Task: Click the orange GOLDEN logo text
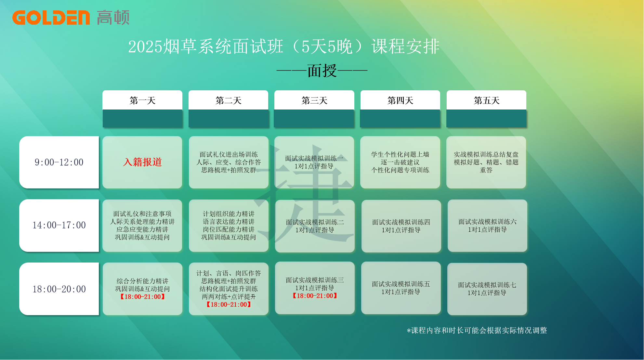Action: coord(51,18)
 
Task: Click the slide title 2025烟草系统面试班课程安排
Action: coord(284,46)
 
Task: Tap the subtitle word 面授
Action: coord(322,71)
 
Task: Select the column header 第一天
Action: coord(142,100)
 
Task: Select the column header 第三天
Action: coord(314,100)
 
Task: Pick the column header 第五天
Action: coord(486,100)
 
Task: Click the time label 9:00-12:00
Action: coord(59,162)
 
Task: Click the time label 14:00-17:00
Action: coord(59,225)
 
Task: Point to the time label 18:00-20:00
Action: coord(59,289)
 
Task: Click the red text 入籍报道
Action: coord(142,162)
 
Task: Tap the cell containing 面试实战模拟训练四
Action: coord(401,226)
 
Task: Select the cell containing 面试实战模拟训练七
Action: coord(487,289)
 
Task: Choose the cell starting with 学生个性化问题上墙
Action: coord(400,162)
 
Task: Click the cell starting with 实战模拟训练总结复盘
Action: coord(486,162)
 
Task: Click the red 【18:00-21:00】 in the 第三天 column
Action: coord(315,296)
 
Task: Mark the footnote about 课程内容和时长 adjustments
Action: coord(477,330)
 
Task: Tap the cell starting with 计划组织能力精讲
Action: coord(229,225)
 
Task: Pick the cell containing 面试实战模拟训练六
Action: coord(487,225)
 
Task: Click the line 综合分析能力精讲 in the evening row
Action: coord(142,281)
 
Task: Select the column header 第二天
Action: coord(228,100)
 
